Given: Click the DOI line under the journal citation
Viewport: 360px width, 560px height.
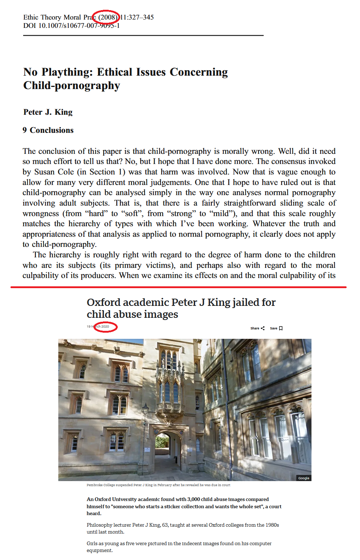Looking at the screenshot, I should (x=71, y=26).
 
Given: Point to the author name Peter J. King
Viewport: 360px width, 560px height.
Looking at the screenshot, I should (x=48, y=112).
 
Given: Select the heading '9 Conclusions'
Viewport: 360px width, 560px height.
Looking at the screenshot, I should (x=48, y=130).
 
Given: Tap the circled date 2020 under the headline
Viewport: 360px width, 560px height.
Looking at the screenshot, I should (x=105, y=327).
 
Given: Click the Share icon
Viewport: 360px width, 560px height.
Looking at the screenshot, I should (x=263, y=328).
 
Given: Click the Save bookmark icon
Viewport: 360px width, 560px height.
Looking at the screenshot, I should (x=281, y=328).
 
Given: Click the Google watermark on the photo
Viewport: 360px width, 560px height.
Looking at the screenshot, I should (x=304, y=478).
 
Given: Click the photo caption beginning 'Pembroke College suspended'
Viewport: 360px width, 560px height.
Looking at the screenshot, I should (x=158, y=485).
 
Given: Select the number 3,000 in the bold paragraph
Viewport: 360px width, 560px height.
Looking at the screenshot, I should (x=194, y=500).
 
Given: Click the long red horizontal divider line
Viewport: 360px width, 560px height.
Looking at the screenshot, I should (x=178, y=287).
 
